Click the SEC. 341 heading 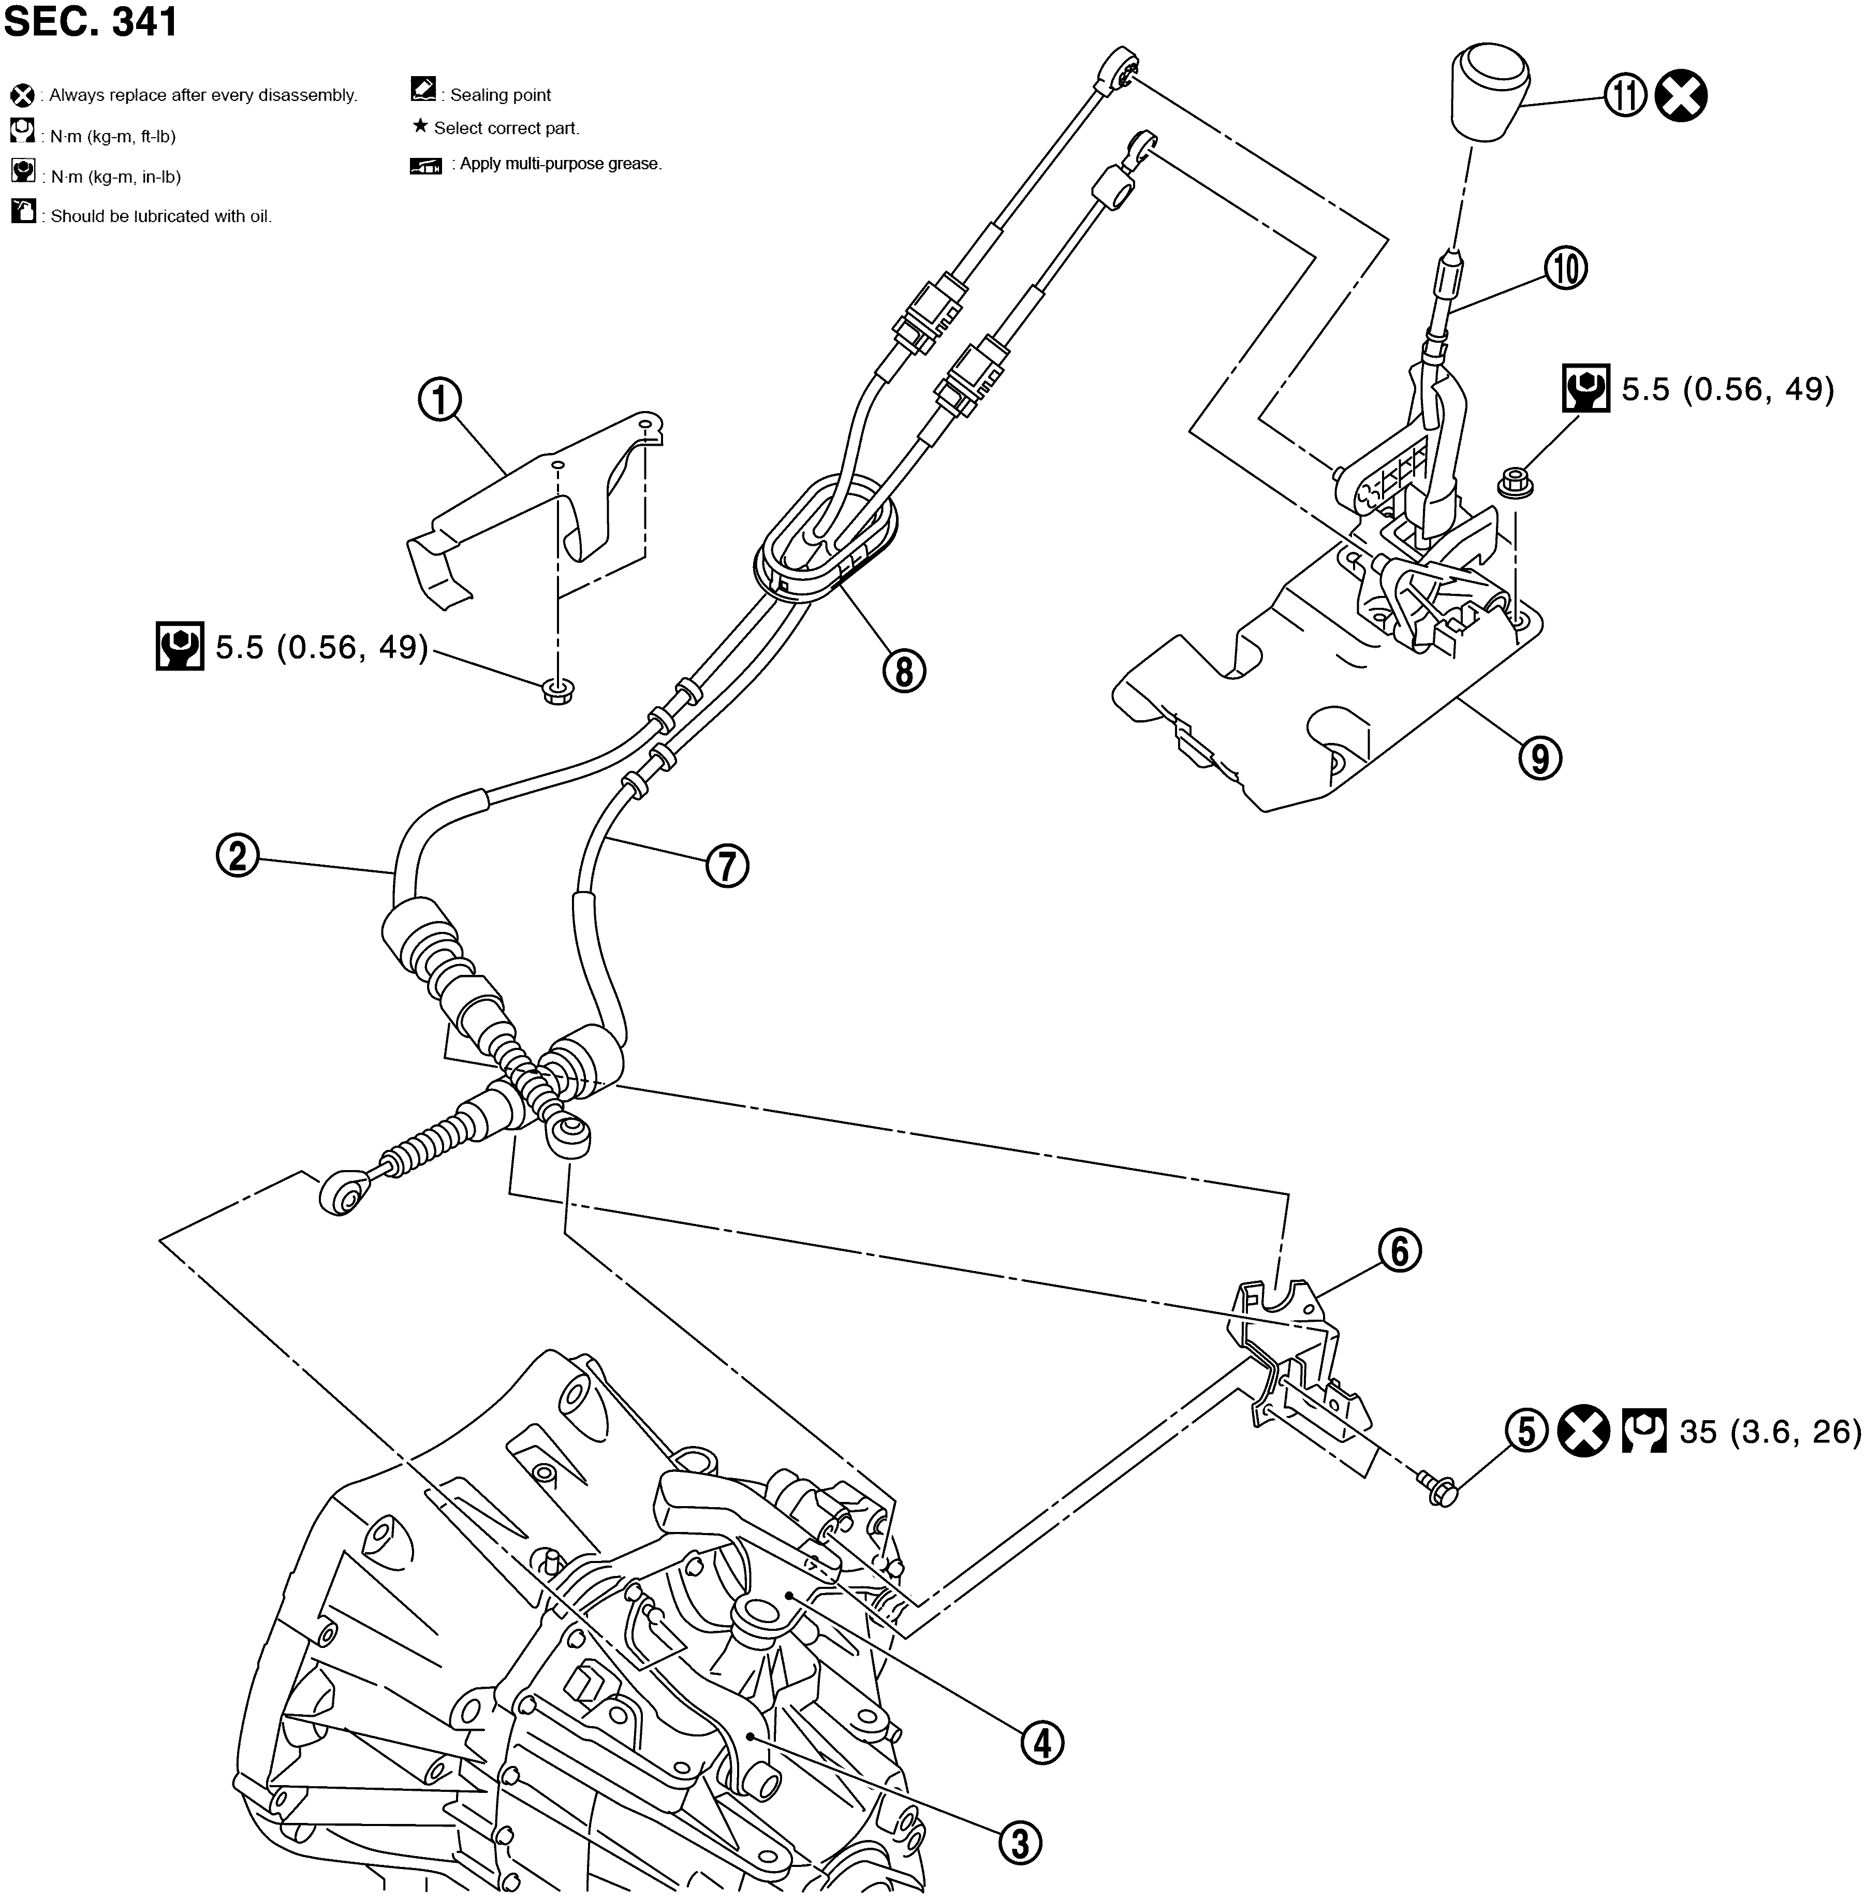[91, 22]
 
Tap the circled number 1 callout [440, 400]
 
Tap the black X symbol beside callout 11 [1681, 96]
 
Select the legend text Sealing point [500, 95]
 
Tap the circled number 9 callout [1540, 758]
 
